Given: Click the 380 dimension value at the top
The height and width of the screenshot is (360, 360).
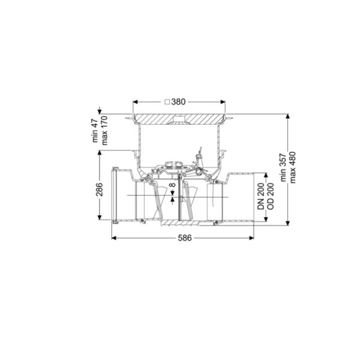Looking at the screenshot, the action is tap(178, 102).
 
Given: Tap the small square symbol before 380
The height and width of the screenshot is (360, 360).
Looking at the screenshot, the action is tap(167, 102).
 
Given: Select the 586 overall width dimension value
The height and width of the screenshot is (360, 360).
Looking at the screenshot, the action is tap(185, 238).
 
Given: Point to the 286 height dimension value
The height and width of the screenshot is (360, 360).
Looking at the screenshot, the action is tap(99, 190).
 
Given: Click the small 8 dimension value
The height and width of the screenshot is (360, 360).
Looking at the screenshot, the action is tap(173, 185).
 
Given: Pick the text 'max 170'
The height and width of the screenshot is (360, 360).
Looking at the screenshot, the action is tap(104, 130).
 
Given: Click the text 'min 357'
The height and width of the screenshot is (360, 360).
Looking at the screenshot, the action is tap(284, 167).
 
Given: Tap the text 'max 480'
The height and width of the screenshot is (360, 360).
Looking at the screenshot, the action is tap(293, 167).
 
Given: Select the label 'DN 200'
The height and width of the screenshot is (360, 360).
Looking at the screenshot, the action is tap(261, 196).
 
